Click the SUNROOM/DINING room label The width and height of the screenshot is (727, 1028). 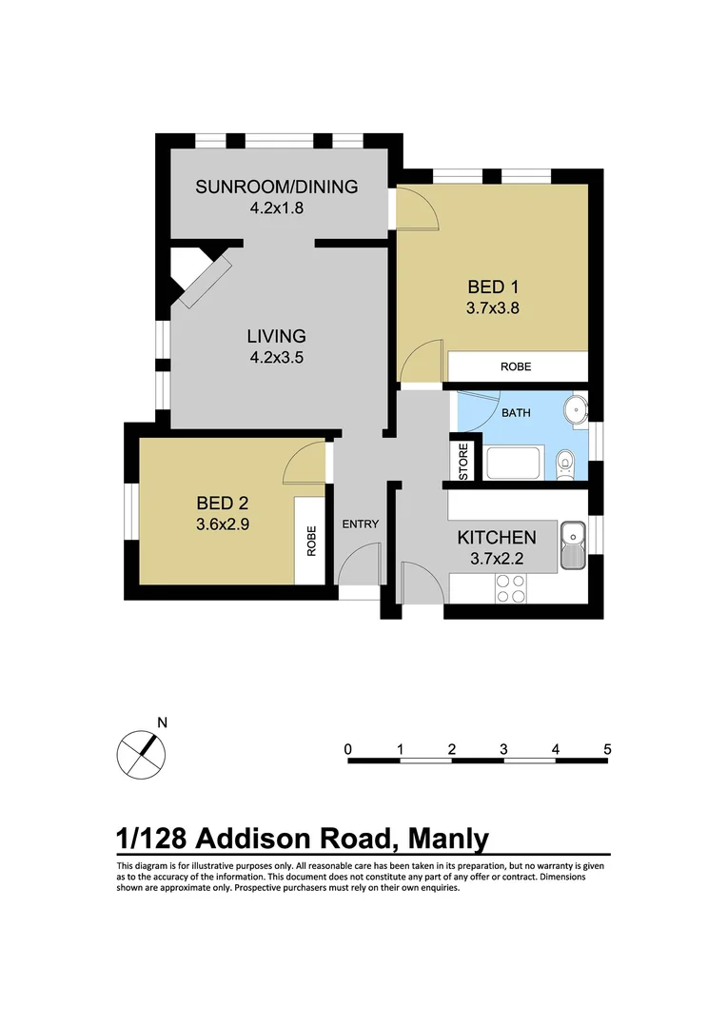pos(276,187)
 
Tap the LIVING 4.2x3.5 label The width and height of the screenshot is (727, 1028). pos(276,346)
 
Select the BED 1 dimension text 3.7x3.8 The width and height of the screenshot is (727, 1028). pos(492,307)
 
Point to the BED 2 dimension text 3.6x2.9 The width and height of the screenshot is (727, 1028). pos(223,524)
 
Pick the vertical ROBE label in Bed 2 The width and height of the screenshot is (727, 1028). pos(310,542)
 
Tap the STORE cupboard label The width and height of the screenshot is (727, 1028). pos(463,463)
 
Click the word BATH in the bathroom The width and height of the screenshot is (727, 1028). pos(516,413)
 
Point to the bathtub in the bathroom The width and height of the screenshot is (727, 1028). pos(515,465)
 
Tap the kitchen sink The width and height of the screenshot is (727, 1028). pos(574,545)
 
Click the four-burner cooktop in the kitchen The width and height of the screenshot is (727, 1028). pos(511,588)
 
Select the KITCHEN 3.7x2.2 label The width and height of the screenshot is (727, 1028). pos(497,546)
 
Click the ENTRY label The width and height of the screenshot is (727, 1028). pos(361,524)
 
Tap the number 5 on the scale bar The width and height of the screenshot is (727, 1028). pos(607,748)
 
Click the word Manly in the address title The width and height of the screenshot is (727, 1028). pos(447,839)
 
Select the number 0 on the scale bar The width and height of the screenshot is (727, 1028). pos(349,748)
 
